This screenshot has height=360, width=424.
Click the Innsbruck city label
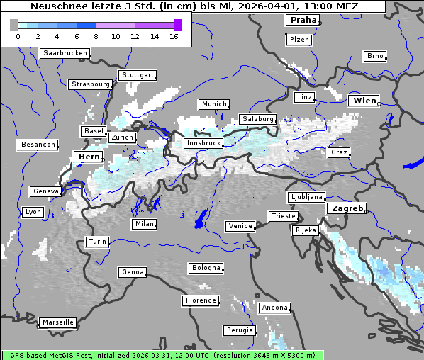[x=203, y=143]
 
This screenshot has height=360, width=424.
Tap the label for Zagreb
[x=346, y=208]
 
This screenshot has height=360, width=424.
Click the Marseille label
[x=57, y=322]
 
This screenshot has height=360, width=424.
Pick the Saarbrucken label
[x=65, y=53]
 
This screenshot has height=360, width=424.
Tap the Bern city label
[x=89, y=156]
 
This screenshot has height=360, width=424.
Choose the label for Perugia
[x=240, y=330]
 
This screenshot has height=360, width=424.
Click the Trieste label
[x=283, y=216]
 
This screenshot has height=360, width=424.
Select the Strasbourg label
[x=91, y=84]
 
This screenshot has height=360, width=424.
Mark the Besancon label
[x=38, y=145]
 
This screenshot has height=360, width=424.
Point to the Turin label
[x=97, y=242]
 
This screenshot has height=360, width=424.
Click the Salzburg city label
[x=257, y=119]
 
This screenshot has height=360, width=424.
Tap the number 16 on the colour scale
[x=174, y=36]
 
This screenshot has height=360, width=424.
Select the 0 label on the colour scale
[x=18, y=36]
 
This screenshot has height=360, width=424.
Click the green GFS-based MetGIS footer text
[x=162, y=355]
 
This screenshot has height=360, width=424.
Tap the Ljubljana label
[x=306, y=197]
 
